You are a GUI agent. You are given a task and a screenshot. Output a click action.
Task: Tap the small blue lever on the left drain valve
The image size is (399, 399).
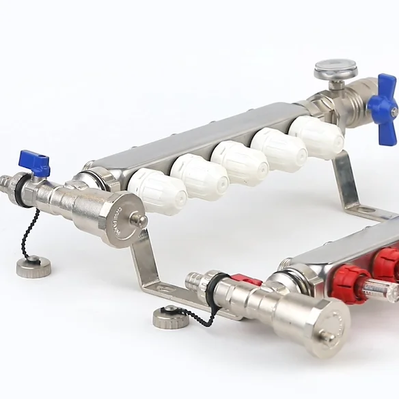(36, 163)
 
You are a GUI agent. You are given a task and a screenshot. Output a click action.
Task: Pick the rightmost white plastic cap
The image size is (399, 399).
(316, 137)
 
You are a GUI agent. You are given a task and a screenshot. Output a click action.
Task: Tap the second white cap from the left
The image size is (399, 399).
(199, 177)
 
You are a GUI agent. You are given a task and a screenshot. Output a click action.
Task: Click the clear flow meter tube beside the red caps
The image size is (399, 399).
(383, 290)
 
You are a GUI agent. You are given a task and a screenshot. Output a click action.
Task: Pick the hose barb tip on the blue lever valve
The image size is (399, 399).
(5, 182)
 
